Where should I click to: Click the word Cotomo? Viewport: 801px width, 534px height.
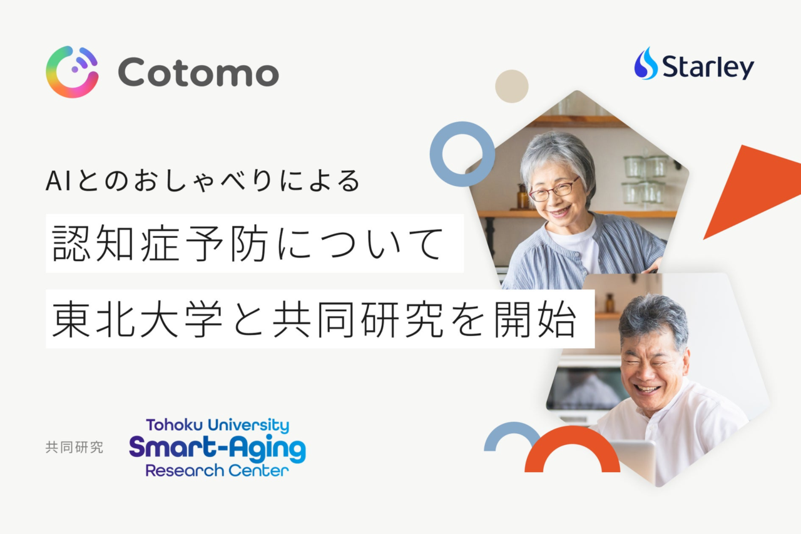tap(198, 73)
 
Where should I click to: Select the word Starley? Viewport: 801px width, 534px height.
tap(708, 67)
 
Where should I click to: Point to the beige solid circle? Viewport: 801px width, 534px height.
tap(512, 86)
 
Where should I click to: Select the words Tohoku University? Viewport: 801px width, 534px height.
tap(218, 426)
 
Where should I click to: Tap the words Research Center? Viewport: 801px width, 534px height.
tap(217, 470)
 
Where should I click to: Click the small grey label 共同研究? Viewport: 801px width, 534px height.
tap(74, 447)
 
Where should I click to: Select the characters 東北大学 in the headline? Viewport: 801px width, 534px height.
tap(137, 319)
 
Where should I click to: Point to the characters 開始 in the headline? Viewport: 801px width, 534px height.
tap(535, 319)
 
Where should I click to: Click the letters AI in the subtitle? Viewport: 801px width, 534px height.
tap(58, 181)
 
